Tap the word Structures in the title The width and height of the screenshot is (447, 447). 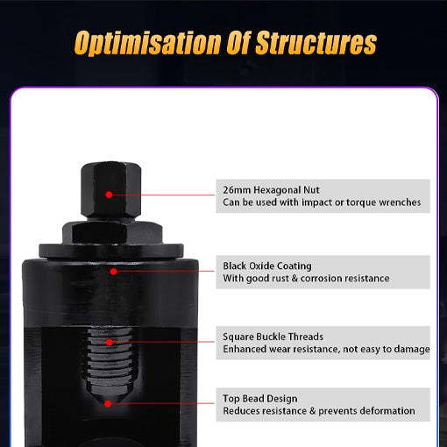coord(316,43)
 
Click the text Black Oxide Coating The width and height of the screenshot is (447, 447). coord(267,266)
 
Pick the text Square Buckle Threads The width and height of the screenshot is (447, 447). coord(273,337)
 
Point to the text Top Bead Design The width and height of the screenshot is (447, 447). coord(259,399)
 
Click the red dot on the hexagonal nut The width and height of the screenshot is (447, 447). coord(109,195)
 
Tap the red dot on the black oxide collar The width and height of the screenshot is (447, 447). coord(112,271)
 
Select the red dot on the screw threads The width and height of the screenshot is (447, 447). coord(109,342)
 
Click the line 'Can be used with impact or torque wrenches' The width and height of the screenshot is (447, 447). coord(322,202)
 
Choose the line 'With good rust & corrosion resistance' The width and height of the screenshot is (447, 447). coord(306,278)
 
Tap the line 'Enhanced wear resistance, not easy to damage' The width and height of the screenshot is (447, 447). coord(326,349)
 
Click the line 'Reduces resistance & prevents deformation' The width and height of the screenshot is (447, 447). coord(319,411)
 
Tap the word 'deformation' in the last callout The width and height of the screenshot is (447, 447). coord(387,411)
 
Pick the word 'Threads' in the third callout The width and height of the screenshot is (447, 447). coord(305,337)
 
